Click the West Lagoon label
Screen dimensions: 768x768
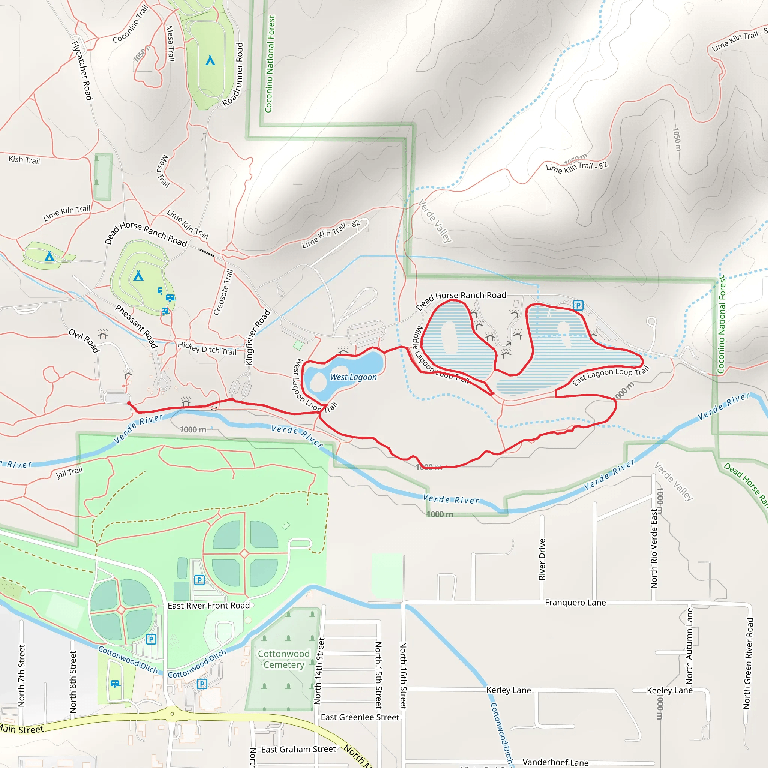[353, 377]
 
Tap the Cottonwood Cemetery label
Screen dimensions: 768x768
[284, 659]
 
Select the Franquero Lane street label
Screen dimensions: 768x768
[575, 603]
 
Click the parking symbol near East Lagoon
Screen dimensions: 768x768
[578, 305]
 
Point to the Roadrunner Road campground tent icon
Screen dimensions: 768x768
[210, 60]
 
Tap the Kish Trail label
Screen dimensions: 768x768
[24, 160]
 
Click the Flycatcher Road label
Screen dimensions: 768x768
[82, 70]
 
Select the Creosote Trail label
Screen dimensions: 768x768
[223, 292]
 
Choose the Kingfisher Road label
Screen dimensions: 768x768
[258, 337]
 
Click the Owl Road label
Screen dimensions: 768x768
[84, 340]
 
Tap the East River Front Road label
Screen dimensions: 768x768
[209, 605]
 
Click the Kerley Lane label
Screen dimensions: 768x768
[508, 690]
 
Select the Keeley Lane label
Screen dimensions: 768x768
[669, 690]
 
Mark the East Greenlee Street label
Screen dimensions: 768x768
[360, 717]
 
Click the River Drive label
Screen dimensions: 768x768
[542, 559]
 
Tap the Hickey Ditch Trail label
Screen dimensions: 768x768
[207, 348]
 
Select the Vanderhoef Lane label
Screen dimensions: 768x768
[555, 762]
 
